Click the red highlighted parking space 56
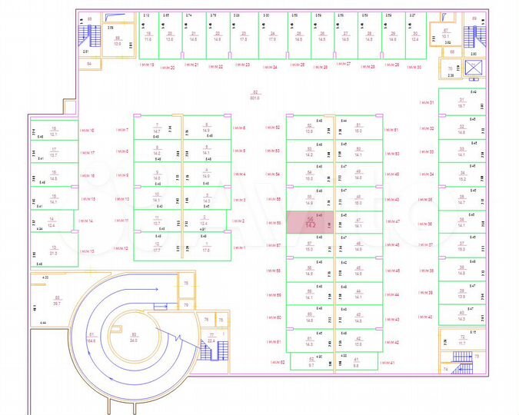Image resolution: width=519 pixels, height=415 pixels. (309, 221)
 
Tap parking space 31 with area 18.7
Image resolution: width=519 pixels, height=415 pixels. (462, 103)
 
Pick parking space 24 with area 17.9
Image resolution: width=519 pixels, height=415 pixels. (272, 35)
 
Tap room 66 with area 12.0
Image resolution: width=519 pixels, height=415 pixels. (118, 41)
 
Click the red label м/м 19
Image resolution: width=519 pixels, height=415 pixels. (147, 66)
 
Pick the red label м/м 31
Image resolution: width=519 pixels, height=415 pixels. (426, 102)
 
